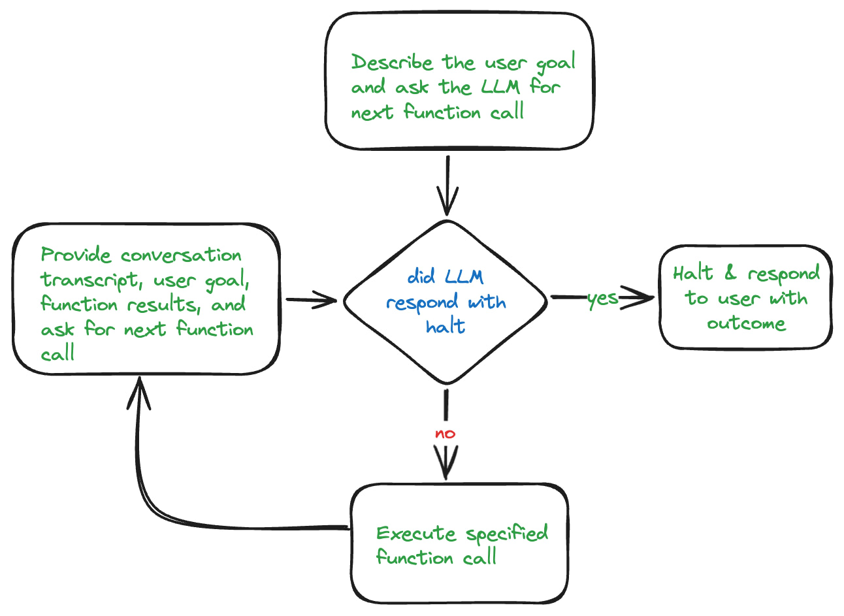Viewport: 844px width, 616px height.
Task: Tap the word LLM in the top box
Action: coord(500,87)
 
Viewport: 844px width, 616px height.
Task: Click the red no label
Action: coord(445,434)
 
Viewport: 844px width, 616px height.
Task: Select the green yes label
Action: coord(602,299)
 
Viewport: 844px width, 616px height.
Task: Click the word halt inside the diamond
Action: coord(446,325)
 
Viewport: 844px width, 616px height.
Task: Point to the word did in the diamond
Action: coord(421,276)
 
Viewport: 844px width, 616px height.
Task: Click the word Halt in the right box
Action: coord(693,272)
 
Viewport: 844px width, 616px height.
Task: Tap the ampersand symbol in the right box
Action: coord(730,273)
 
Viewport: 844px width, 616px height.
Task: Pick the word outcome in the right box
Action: coord(746,323)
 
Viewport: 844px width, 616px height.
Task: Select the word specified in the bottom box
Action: coord(507,534)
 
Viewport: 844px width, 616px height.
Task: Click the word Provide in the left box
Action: coord(76,255)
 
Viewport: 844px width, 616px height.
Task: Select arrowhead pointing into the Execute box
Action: coord(446,468)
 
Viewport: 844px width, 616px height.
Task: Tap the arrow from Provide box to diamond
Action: coord(310,300)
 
